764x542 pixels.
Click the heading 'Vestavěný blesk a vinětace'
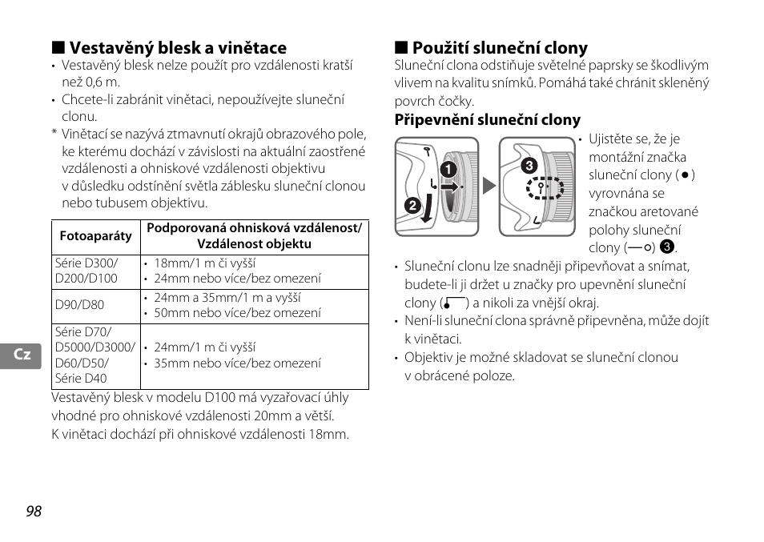(x=177, y=48)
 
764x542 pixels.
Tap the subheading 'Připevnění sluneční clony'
(x=487, y=120)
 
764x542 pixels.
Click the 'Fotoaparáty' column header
(x=96, y=237)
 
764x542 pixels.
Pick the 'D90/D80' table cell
(x=79, y=306)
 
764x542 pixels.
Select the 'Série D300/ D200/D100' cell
(x=86, y=271)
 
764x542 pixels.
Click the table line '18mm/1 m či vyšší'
(x=205, y=263)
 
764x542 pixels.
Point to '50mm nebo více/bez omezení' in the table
(x=237, y=313)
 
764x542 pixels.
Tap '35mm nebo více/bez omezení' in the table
(x=237, y=363)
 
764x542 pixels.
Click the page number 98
(x=33, y=512)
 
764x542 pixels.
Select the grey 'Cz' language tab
(x=22, y=354)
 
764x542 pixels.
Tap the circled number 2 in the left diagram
(x=413, y=206)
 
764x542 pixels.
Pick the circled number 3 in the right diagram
(x=528, y=167)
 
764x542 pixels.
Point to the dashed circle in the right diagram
(x=545, y=189)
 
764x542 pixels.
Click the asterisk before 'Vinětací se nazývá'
(x=54, y=134)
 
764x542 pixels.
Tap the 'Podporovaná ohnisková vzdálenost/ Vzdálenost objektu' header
(x=254, y=237)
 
